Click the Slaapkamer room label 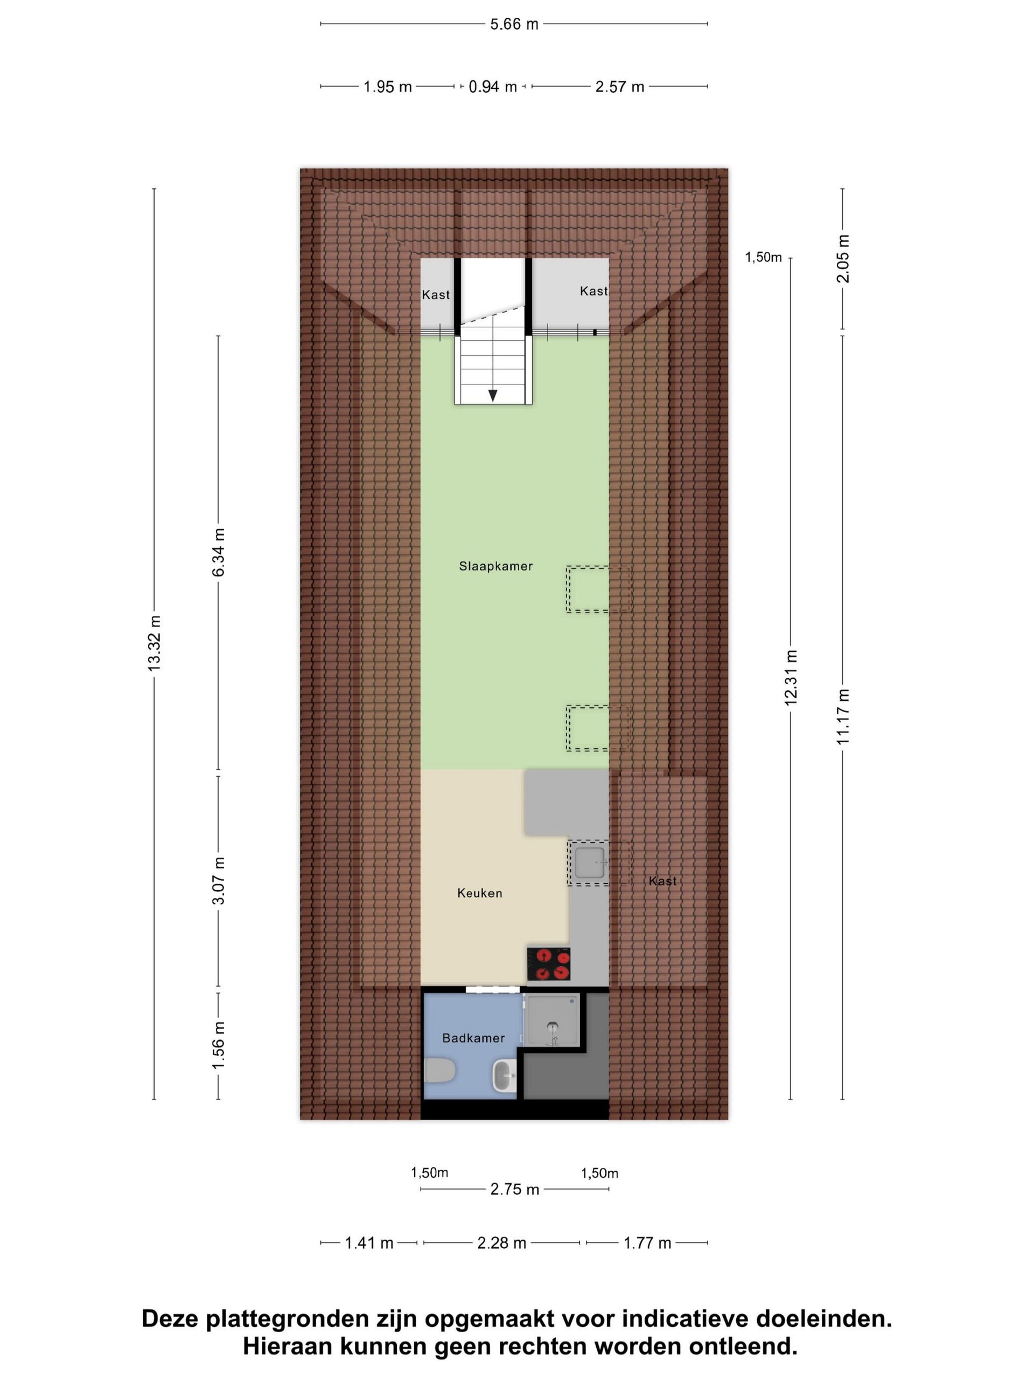click(495, 566)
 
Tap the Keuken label click(479, 892)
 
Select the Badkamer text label click(473, 1038)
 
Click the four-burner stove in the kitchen click(548, 964)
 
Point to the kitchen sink click(589, 862)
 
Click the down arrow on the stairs click(492, 395)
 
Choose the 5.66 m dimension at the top click(514, 24)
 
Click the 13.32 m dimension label click(154, 644)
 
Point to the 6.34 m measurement click(218, 552)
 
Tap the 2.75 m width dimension click(514, 1189)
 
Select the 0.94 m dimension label click(492, 87)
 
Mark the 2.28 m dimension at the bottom click(502, 1243)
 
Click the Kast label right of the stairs click(593, 291)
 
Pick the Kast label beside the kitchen click(662, 881)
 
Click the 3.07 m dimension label click(218, 881)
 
